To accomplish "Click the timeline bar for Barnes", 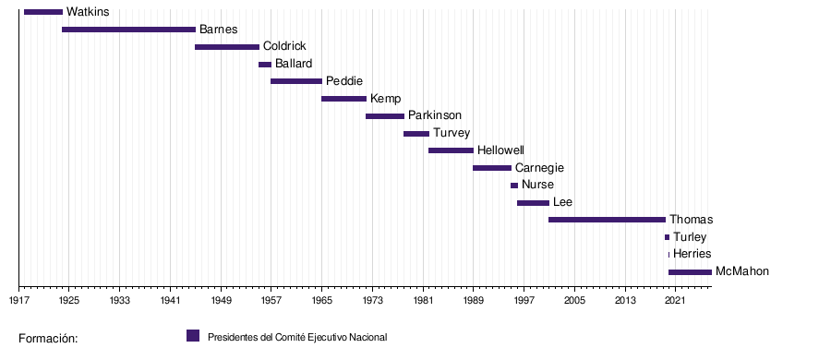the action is coord(128,30).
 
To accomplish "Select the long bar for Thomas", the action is coord(607,220).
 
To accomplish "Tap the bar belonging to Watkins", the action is coord(43,12).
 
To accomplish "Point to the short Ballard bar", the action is coord(265,65).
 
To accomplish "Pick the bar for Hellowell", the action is coord(451,150).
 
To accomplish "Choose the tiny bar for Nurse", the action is coord(514,186).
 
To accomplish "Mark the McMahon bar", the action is coord(690,272).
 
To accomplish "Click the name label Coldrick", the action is coord(284,46).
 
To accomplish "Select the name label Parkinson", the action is coord(435,115).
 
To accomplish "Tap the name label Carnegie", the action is coord(539,168).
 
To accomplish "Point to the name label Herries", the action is coord(692,254).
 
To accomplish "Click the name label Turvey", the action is coord(452,133).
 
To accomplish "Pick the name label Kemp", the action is coord(386,99).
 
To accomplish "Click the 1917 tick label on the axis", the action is coord(18,301).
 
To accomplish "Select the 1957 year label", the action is coord(271,301).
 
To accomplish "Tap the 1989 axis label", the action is coord(474,301).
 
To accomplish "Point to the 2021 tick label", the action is coord(675,301).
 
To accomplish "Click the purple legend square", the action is coord(193,336).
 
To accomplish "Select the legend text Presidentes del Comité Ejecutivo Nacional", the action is coord(297,337).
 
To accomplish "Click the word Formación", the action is coord(48,338).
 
